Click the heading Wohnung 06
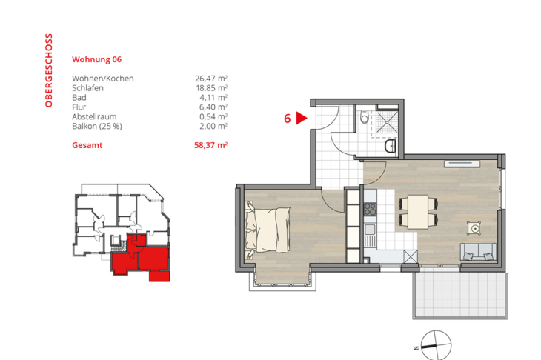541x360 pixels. click(96, 59)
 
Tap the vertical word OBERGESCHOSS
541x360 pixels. click(49, 70)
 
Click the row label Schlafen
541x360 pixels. click(88, 87)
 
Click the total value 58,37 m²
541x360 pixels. click(210, 146)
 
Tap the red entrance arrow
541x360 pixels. click(302, 117)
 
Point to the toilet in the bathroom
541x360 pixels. click(363, 118)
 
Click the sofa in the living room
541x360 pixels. click(479, 251)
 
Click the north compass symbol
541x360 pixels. click(434, 341)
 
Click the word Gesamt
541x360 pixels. click(87, 146)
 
